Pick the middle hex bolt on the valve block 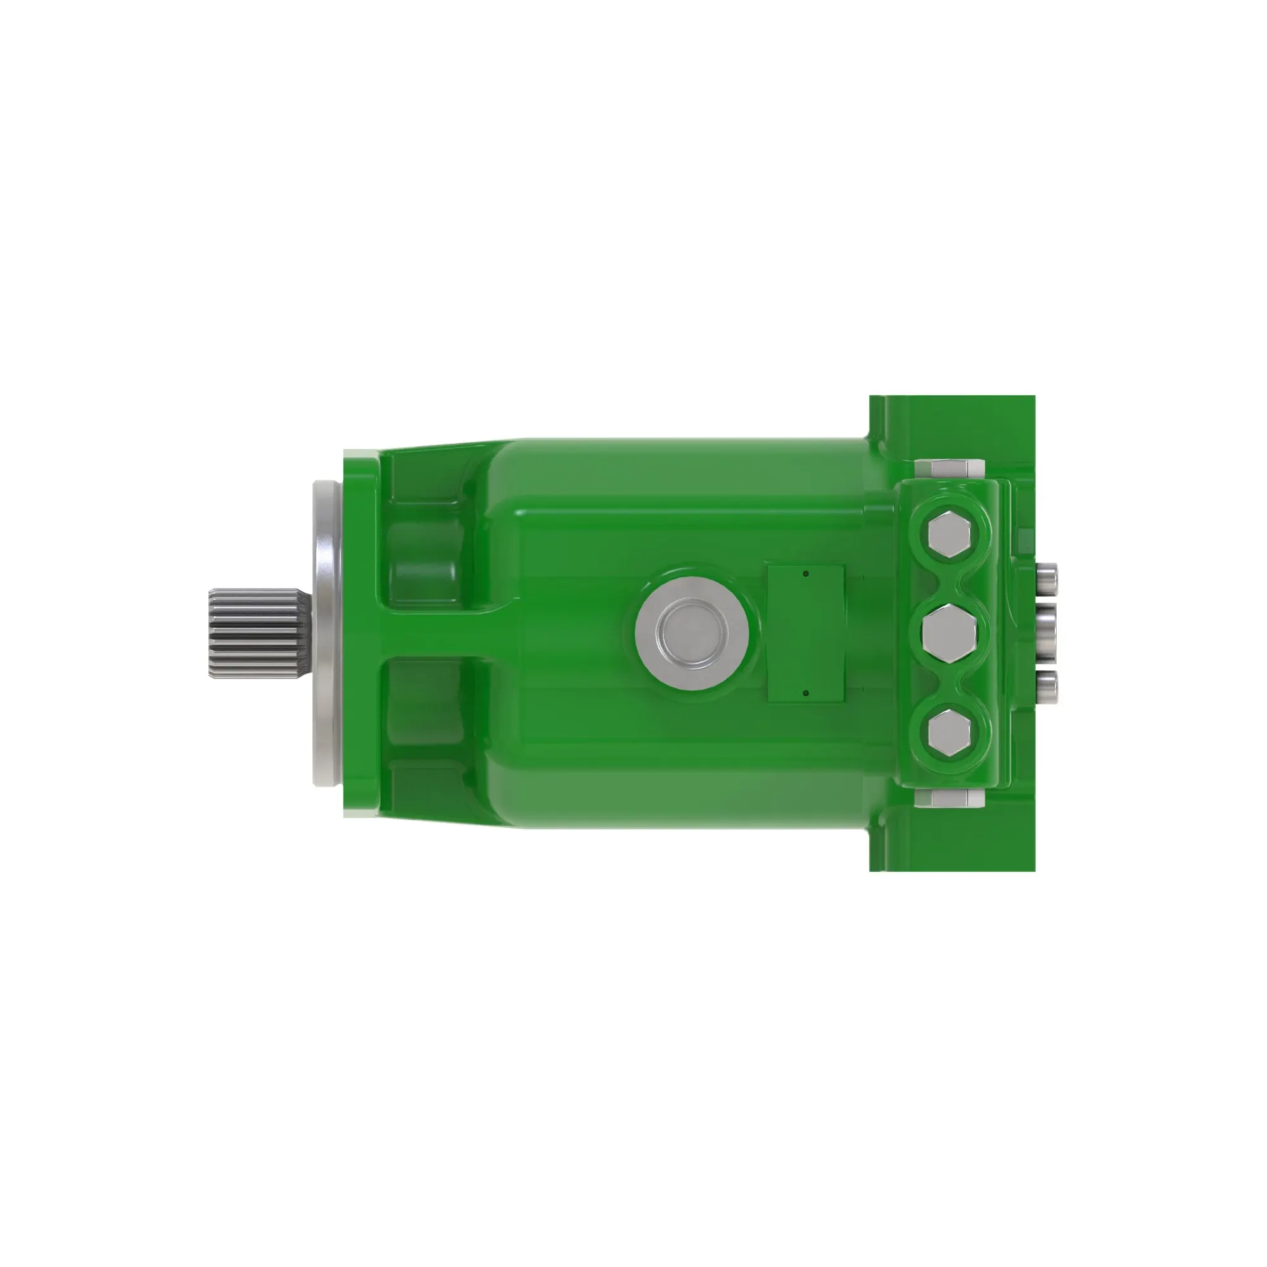pos(948,633)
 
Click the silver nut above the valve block pos(949,468)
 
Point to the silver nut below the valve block pos(949,799)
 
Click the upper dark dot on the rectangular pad pos(806,574)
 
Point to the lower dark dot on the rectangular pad pos(806,692)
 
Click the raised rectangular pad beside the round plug pos(806,633)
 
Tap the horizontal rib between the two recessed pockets pos(446,633)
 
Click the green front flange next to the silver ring pos(360,633)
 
